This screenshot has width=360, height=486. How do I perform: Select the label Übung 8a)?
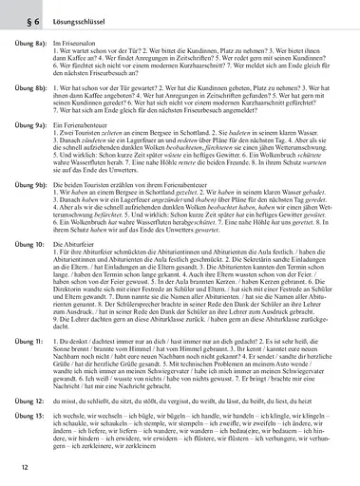pos(26,43)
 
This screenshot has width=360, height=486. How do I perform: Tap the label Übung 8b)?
pos(26,111)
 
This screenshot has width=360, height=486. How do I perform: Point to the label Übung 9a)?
pos(26,152)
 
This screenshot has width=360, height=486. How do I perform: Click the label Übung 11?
pos(23,364)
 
